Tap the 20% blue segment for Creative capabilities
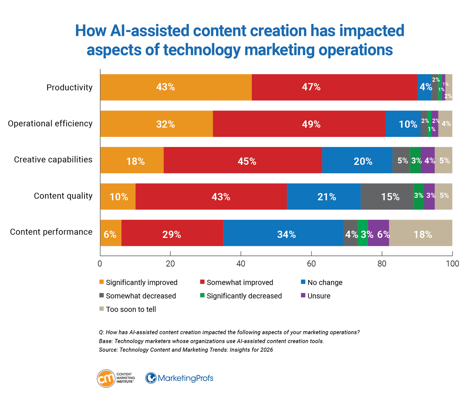pyautogui.click(x=357, y=160)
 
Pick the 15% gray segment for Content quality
pyautogui.click(x=387, y=197)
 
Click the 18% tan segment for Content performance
pyautogui.click(x=420, y=233)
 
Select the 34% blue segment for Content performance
pyautogui.click(x=283, y=233)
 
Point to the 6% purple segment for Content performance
pyautogui.click(x=378, y=233)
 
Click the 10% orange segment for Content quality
pyautogui.click(x=118, y=197)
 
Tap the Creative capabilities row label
pyautogui.click(x=53, y=160)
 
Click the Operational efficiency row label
pyautogui.click(x=50, y=124)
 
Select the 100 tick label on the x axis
pyautogui.click(x=452, y=264)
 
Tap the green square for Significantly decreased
pyautogui.click(x=202, y=296)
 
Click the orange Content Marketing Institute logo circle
pyautogui.click(x=106, y=378)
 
